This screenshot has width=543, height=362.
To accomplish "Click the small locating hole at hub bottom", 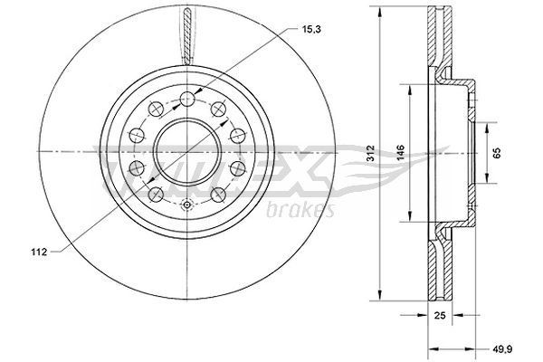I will pyautogui.click(x=186, y=205).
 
